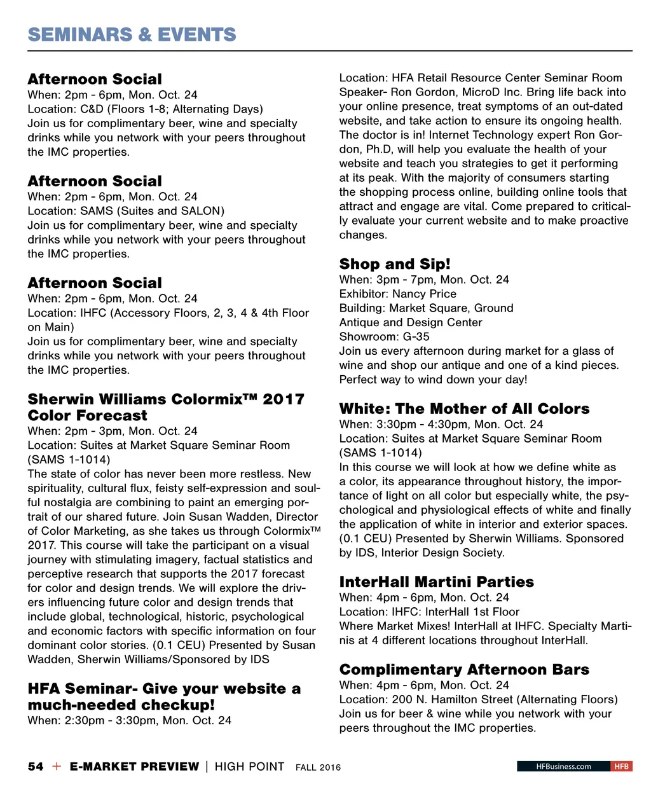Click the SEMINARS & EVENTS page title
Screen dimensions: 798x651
pyautogui.click(x=132, y=34)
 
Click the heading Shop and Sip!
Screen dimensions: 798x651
pyautogui.click(x=394, y=264)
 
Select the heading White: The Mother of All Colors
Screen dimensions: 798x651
pyautogui.click(x=464, y=409)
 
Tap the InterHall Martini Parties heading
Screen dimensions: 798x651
pyautogui.click(x=436, y=582)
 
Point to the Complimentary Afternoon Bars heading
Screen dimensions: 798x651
pyautogui.click(x=464, y=670)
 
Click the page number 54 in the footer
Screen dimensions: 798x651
pyautogui.click(x=36, y=766)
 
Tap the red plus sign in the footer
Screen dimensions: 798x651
pyautogui.click(x=57, y=766)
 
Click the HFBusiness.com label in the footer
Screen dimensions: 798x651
pyautogui.click(x=563, y=766)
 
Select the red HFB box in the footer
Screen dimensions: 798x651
pyautogui.click(x=621, y=766)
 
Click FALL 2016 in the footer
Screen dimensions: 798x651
pyautogui.click(x=318, y=767)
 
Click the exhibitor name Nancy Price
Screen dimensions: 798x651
pyautogui.click(x=424, y=294)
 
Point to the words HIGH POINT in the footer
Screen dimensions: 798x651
pyautogui.click(x=249, y=766)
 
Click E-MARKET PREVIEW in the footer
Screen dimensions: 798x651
pyautogui.click(x=134, y=766)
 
